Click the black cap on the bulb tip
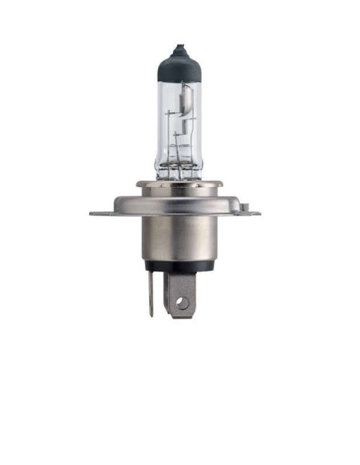pos(178,64)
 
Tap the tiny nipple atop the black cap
pos(178,46)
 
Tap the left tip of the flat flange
pos(92,213)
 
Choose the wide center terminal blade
pos(182,291)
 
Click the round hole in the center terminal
pos(182,303)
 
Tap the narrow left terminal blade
pos(151,291)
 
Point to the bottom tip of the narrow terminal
pos(151,315)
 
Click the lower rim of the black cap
pos(178,80)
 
